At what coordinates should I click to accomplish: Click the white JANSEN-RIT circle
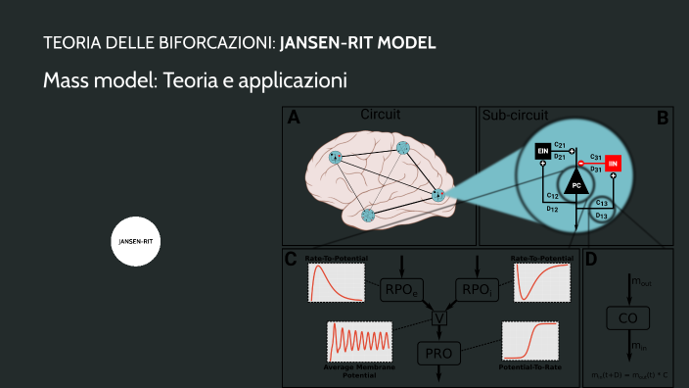pyautogui.click(x=136, y=241)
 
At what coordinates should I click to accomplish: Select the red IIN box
pyautogui.click(x=613, y=163)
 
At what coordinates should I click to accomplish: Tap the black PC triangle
pyautogui.click(x=576, y=180)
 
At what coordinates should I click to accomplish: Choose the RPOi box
pyautogui.click(x=477, y=289)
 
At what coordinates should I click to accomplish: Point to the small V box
pyautogui.click(x=439, y=317)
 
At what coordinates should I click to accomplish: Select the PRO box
pyautogui.click(x=439, y=352)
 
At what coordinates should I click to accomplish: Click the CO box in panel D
pyautogui.click(x=627, y=317)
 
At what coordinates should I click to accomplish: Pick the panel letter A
pyautogui.click(x=293, y=120)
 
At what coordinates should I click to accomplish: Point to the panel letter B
pyautogui.click(x=663, y=120)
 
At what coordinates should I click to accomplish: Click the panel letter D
pyautogui.click(x=590, y=260)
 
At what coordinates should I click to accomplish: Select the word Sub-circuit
pyautogui.click(x=515, y=116)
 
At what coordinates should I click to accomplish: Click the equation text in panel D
pyautogui.click(x=627, y=374)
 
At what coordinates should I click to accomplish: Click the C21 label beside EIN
pyautogui.click(x=560, y=143)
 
